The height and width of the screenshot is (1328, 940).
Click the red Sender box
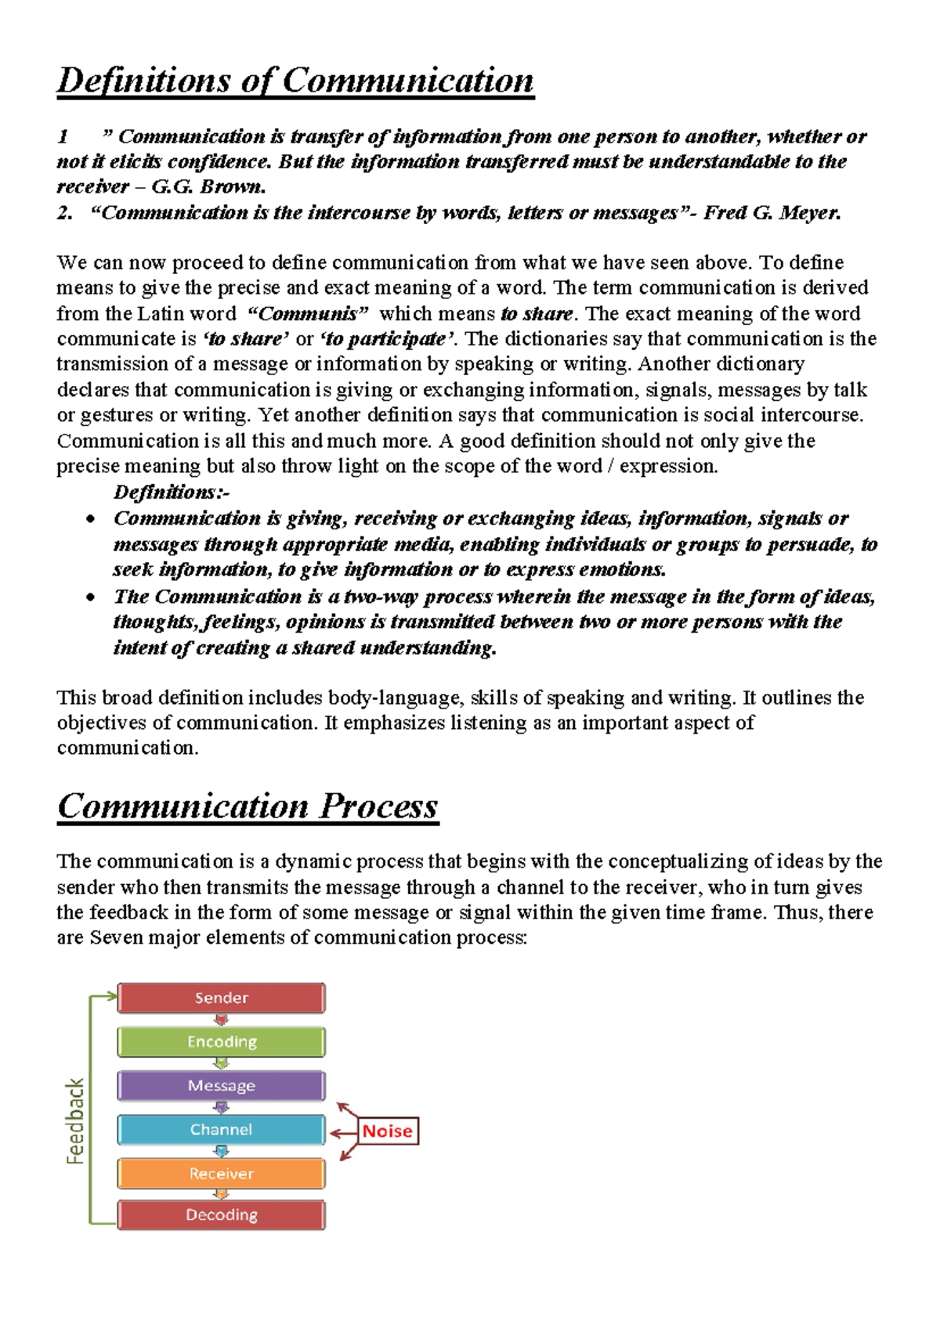[x=221, y=998]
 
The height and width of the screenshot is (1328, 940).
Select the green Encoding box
[x=221, y=1041]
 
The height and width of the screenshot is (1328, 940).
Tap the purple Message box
[x=221, y=1085]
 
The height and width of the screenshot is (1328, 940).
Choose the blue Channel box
[x=221, y=1129]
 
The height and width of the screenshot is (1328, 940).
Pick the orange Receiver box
[x=221, y=1173]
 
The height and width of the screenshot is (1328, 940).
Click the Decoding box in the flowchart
[x=221, y=1214]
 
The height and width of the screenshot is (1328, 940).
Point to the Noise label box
[x=388, y=1131]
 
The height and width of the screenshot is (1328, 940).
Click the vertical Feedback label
[x=75, y=1120]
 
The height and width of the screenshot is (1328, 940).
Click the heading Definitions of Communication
[x=295, y=81]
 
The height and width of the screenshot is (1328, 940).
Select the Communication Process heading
[x=248, y=806]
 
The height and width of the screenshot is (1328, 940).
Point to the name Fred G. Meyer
[x=772, y=212]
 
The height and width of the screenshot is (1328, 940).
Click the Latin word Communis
[x=307, y=313]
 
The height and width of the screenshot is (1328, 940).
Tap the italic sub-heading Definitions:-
[x=171, y=492]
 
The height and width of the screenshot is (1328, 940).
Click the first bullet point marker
[x=92, y=519]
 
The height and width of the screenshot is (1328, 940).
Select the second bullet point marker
[x=92, y=597]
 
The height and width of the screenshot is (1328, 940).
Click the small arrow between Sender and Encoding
[x=221, y=1019]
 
